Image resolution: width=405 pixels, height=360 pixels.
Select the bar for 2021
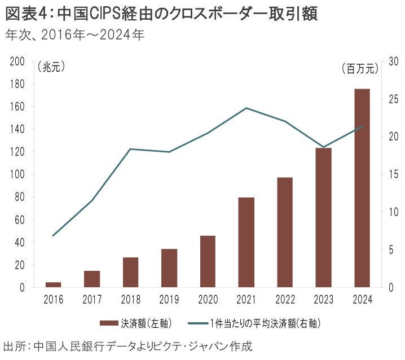click(246, 242)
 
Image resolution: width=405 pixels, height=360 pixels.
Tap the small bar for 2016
click(53, 284)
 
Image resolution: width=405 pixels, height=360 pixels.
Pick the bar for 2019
click(169, 268)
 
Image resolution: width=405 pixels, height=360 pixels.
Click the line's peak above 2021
click(246, 108)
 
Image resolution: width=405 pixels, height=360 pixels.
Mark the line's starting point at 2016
click(53, 235)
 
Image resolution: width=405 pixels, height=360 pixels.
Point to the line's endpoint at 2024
click(362, 126)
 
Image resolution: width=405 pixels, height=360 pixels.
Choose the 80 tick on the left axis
click(19, 197)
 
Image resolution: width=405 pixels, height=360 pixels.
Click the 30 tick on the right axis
click(388, 62)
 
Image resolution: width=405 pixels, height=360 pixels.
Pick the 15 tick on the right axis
click(388, 174)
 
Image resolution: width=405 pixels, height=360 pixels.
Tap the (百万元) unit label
click(359, 69)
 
